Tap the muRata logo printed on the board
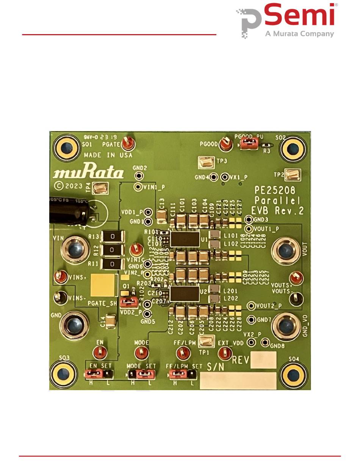pyautogui.click(x=88, y=173)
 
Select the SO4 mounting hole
pyautogui.click(x=293, y=375)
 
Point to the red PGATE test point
pyautogui.click(x=128, y=143)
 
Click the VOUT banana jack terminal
pyautogui.click(x=286, y=250)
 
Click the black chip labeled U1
pyautogui.click(x=185, y=239)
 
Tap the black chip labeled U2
pyautogui.click(x=185, y=294)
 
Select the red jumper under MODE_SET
pyautogui.click(x=145, y=375)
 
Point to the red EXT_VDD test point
pyautogui.click(x=225, y=353)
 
